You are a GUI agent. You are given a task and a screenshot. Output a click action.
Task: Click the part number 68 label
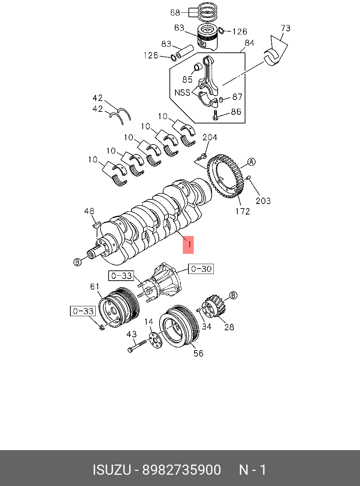175,13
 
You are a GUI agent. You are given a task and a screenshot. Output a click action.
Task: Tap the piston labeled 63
208,37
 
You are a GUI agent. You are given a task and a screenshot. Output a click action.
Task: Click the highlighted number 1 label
188,245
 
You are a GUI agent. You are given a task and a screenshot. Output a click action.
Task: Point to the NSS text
182,92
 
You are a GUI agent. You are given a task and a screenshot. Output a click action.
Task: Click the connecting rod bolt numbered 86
215,115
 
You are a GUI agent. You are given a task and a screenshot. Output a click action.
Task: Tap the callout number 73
285,28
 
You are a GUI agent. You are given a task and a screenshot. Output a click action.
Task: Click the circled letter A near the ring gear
251,162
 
